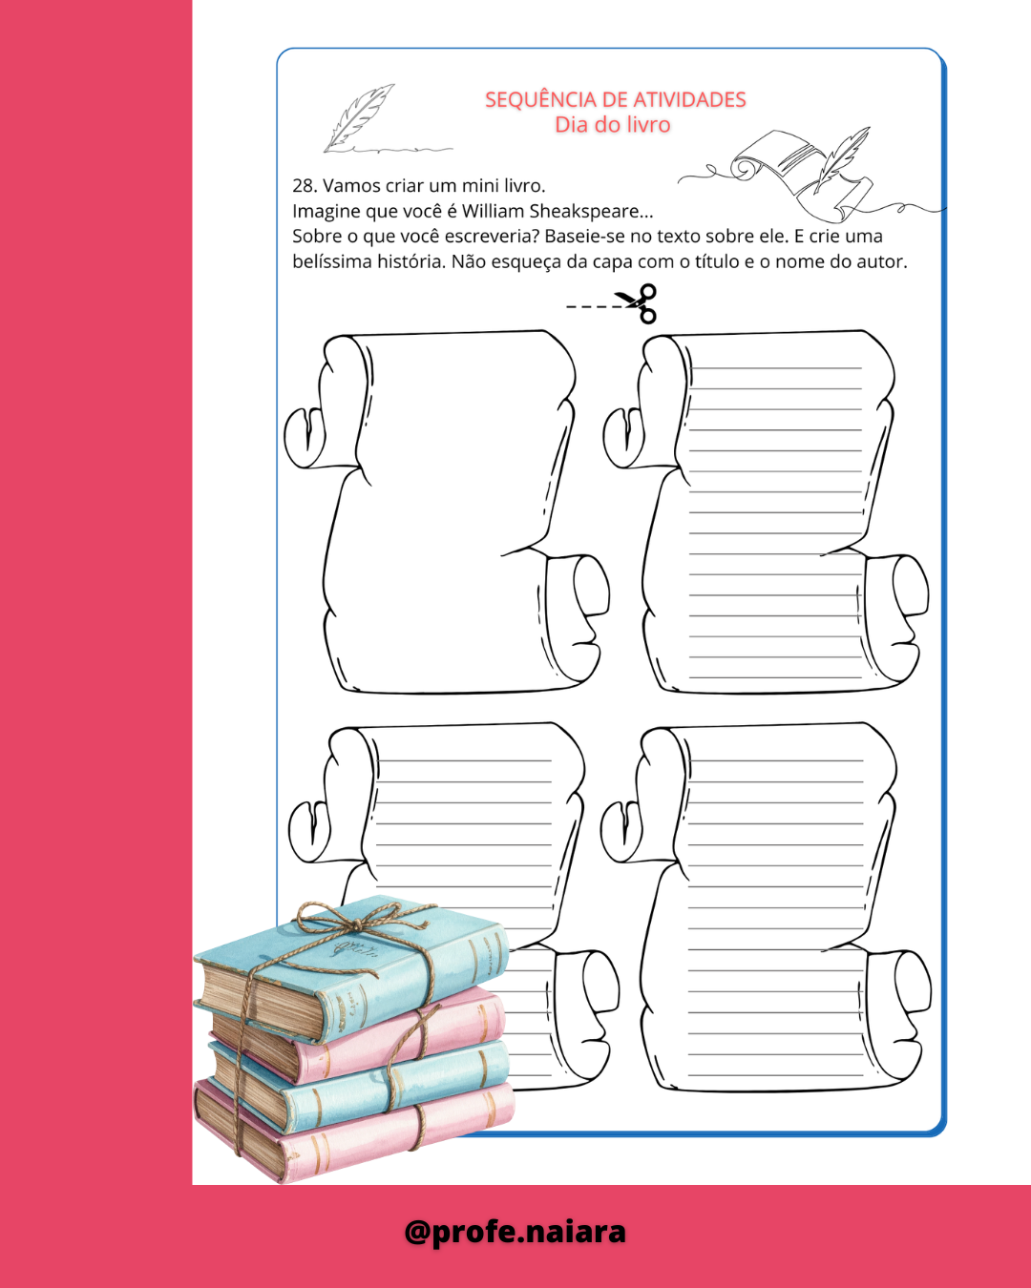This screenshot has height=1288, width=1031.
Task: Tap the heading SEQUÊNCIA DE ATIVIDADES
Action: click(x=615, y=99)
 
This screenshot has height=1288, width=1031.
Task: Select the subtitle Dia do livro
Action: click(x=612, y=124)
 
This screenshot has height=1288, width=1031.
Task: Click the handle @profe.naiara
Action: click(x=515, y=1231)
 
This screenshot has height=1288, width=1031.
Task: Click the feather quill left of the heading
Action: click(x=360, y=117)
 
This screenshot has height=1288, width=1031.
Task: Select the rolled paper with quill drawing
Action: click(x=803, y=173)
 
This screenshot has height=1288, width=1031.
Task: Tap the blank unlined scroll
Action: click(x=447, y=511)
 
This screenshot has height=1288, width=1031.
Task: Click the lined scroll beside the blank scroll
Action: click(x=766, y=511)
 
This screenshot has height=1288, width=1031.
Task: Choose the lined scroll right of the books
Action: click(x=766, y=906)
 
